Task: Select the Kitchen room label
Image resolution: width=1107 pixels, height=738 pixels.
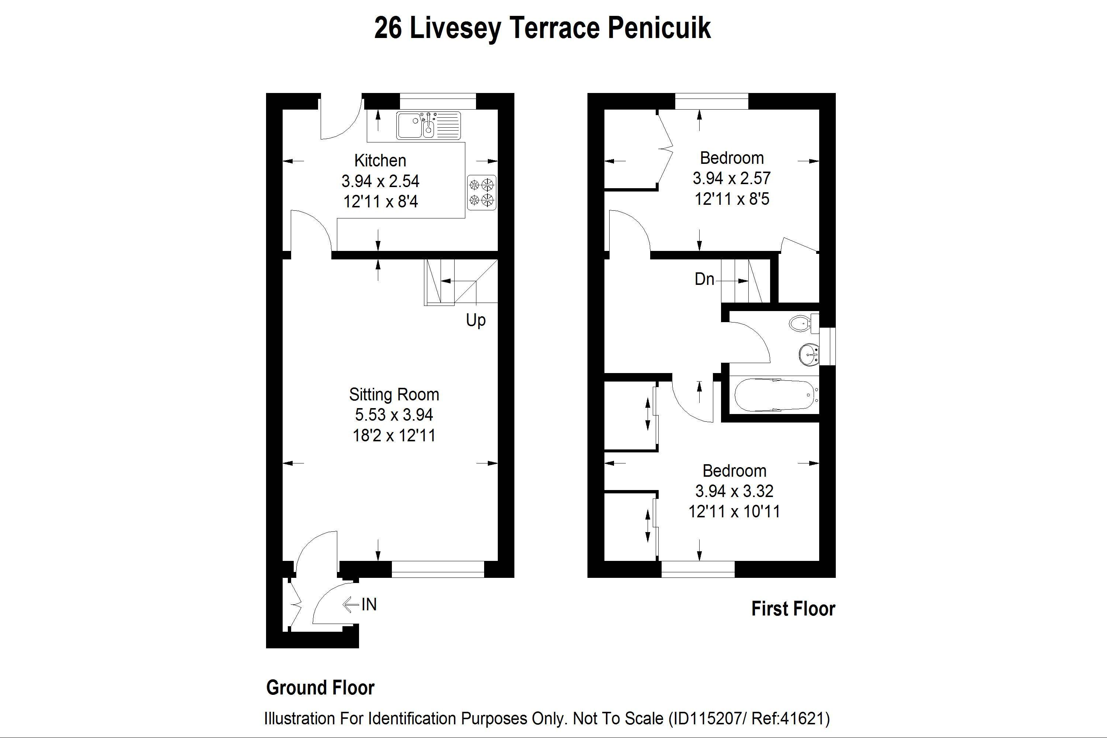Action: tap(380, 161)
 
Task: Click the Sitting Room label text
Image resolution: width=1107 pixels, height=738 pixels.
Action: tap(394, 394)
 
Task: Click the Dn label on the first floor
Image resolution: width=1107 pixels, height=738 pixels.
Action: tap(704, 279)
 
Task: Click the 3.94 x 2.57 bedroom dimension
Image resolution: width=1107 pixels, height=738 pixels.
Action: tap(731, 178)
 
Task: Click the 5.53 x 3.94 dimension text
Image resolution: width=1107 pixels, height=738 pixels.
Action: tap(394, 415)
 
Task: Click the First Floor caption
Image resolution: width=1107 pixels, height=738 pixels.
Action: tap(793, 608)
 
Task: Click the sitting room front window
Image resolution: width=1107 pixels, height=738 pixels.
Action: tap(438, 569)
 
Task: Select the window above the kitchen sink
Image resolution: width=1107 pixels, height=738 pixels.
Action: tap(438, 101)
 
